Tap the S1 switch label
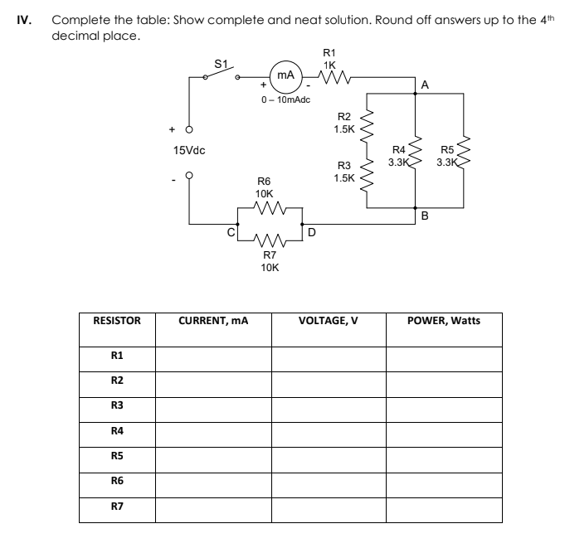point(221,63)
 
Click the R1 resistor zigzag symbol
point(330,80)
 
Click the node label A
point(425,85)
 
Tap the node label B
point(424,216)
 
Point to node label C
point(231,233)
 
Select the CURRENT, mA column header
point(213,321)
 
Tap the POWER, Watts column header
point(444,321)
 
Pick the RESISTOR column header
point(117,321)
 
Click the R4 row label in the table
point(117,431)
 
